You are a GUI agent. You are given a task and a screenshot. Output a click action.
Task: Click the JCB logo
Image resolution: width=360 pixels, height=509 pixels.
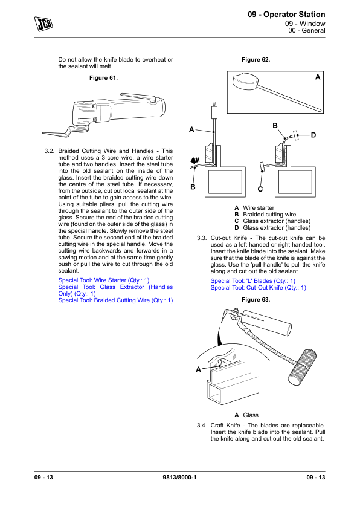(43, 24)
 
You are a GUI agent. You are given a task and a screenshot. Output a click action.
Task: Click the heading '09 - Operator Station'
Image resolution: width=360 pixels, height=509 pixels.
(286, 15)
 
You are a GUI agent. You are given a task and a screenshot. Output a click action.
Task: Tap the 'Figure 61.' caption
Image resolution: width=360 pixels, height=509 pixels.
(103, 78)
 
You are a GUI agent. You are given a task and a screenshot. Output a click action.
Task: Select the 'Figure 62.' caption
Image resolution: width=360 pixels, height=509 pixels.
(256, 60)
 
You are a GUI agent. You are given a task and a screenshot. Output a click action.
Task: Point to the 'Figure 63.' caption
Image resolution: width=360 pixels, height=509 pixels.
(256, 300)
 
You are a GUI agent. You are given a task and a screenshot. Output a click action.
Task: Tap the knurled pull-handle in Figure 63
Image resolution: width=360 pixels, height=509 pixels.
(302, 366)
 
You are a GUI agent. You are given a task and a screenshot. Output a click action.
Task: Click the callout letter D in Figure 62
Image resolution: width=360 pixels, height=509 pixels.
(313, 135)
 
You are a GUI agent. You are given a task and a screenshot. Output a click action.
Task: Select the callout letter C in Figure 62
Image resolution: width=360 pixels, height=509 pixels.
(260, 189)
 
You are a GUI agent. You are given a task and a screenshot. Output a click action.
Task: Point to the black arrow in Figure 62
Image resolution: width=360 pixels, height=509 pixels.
(194, 160)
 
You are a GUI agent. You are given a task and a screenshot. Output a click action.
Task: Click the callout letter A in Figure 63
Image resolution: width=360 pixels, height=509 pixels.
(199, 369)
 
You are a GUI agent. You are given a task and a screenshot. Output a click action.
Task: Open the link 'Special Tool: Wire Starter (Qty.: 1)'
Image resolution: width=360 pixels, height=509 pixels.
(104, 280)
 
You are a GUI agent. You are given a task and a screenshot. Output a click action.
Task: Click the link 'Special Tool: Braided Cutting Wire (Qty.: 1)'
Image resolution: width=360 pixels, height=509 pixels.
(115, 300)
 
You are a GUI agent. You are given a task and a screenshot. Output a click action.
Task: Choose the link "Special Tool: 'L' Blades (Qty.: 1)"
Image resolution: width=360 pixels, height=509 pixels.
(253, 280)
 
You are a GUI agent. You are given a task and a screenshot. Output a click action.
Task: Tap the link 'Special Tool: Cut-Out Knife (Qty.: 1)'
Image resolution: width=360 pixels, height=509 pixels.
(258, 288)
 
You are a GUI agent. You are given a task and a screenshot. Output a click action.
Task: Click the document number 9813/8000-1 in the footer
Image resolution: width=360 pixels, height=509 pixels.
(179, 477)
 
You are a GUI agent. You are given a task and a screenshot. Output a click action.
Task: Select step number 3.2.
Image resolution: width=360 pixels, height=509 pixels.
(50, 151)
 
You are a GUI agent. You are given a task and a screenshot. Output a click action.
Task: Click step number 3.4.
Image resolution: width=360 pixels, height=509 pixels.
(202, 425)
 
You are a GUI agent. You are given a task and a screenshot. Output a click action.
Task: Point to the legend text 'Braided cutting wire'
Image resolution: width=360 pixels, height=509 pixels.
(269, 215)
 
